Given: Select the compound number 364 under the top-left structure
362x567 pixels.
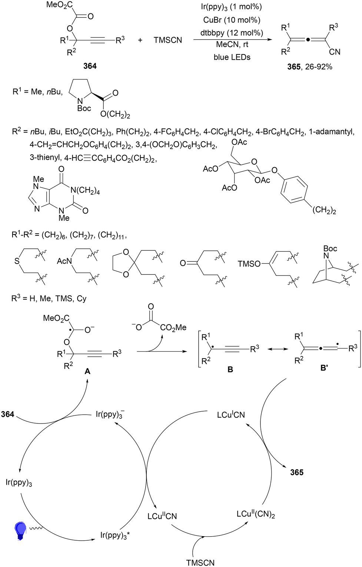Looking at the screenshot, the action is (90, 66).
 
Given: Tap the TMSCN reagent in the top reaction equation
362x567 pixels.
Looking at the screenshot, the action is (168, 40).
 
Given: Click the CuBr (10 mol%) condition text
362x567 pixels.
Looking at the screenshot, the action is (232, 20).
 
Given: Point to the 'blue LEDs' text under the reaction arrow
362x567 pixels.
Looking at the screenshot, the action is (232, 57).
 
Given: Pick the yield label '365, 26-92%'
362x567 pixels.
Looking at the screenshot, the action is (310, 67).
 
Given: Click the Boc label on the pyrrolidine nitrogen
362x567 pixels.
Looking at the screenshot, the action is (84, 108).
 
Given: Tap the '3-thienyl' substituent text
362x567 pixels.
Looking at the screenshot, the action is (46, 158).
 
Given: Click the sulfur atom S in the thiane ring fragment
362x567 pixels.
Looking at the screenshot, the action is (17, 261).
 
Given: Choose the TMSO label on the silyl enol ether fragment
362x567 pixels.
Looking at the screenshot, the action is (249, 264).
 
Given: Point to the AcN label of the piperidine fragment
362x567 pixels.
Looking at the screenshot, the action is (64, 261).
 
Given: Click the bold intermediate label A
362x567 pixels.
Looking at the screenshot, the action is (87, 371).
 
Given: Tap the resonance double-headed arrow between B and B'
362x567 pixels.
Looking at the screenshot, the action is (278, 349).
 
